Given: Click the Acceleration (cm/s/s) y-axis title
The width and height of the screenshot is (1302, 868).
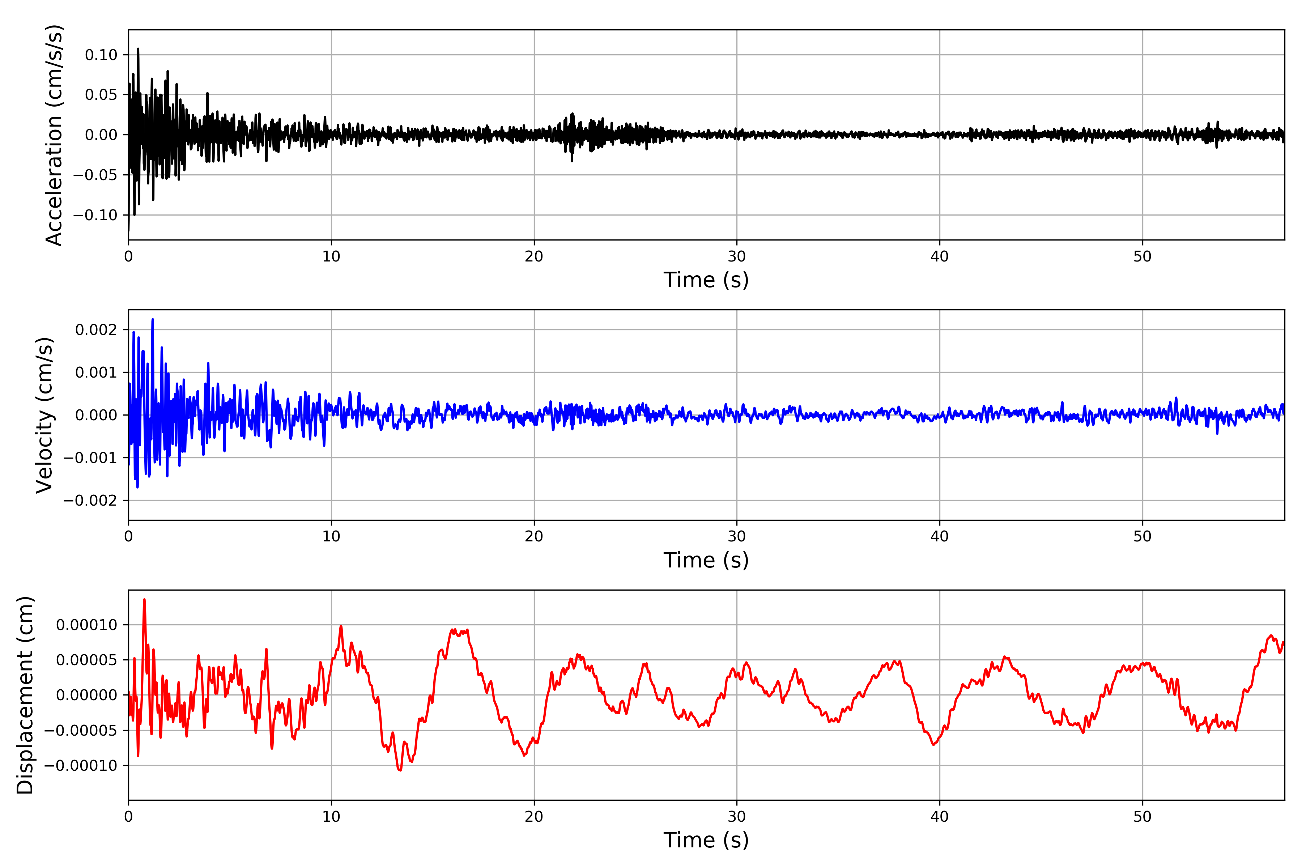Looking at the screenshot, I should pos(54,135).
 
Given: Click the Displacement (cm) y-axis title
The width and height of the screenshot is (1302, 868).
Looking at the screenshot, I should pos(25,695).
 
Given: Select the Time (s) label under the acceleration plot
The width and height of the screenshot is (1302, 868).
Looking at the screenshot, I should pos(706,280).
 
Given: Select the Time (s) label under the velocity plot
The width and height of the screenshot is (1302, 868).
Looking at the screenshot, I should pos(706,560).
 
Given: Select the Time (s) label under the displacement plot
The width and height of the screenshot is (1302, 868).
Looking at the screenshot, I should pos(706,840).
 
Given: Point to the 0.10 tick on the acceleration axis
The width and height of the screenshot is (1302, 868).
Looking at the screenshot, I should pos(101,55).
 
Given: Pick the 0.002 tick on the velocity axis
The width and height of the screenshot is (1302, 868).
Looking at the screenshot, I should pos(96,330).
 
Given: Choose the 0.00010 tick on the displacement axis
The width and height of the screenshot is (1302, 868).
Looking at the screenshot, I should pos(87,625).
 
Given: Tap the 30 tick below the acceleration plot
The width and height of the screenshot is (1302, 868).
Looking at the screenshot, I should pos(737,256).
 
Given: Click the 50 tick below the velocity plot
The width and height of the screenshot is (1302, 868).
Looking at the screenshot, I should pos(1143,536).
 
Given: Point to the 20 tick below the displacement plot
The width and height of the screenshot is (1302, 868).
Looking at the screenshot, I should pos(534,817).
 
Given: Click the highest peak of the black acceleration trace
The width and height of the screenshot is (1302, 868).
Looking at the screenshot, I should pos(138,49).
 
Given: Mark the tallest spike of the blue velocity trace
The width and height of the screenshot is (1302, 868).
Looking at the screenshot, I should pos(153,319).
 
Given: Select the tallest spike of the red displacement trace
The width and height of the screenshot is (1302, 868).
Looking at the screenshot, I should pos(144,600).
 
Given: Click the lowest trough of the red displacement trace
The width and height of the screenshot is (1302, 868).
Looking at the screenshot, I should pos(400,770).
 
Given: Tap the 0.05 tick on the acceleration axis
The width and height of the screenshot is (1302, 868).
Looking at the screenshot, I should pos(101,95).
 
